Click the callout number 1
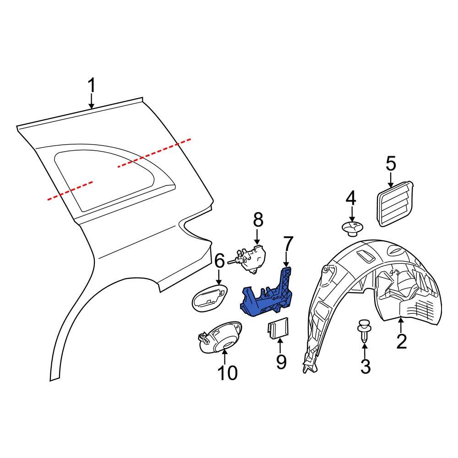(x=92, y=86)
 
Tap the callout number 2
(x=401, y=342)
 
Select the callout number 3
(x=365, y=366)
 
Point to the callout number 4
(x=350, y=199)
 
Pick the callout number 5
(x=390, y=164)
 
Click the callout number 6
(x=219, y=261)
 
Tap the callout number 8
(x=258, y=220)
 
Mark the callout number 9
(x=281, y=361)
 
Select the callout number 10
(x=227, y=373)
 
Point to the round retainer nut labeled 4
(x=352, y=228)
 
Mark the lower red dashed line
(x=71, y=191)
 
